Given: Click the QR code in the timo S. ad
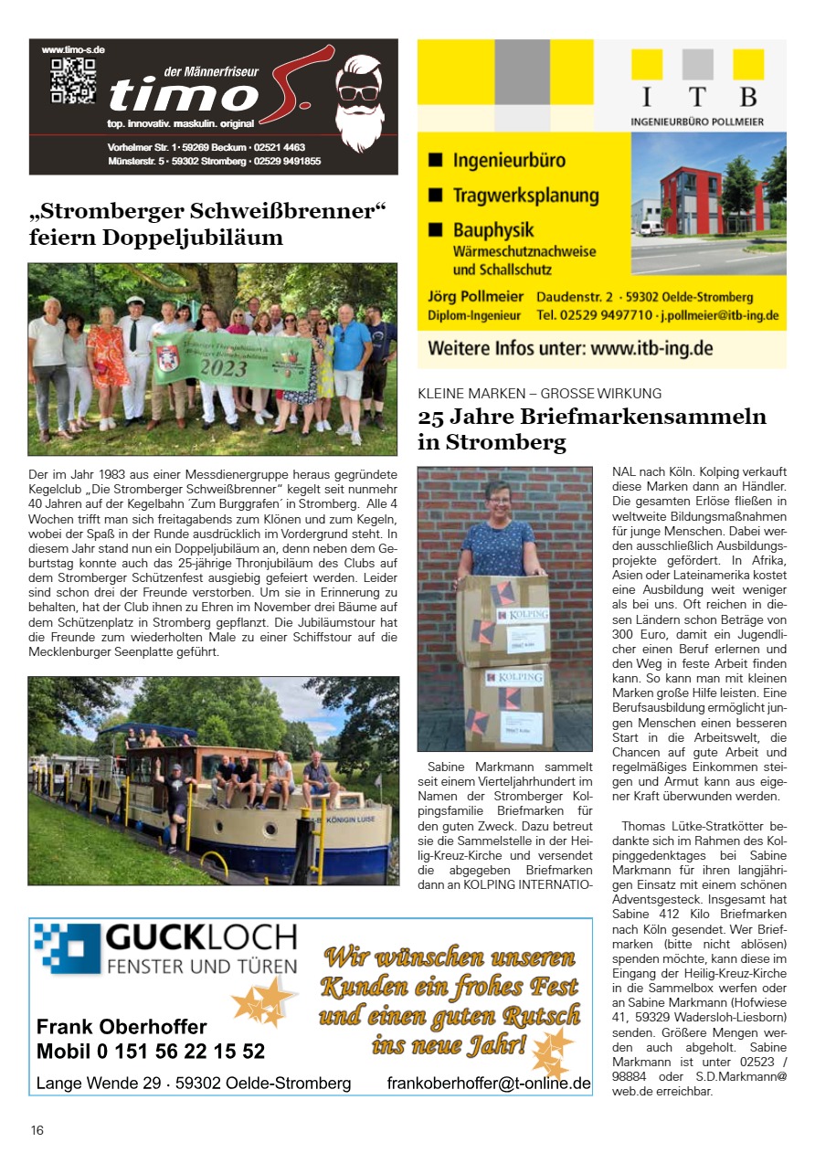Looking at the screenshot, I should click(x=73, y=79).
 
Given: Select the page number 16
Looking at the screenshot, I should click(x=37, y=1130).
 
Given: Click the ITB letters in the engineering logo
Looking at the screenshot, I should click(x=696, y=97).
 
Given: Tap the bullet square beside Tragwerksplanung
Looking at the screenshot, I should click(x=436, y=195).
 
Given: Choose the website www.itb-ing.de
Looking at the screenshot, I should click(x=651, y=348).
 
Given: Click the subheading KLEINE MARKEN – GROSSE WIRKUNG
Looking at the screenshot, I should click(x=540, y=394).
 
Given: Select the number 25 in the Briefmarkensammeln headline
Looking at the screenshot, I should click(x=432, y=418).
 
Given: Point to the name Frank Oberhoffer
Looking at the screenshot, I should click(x=122, y=1026).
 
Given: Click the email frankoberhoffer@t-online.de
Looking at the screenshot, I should click(x=489, y=1083).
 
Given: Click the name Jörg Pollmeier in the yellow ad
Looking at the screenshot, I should click(x=476, y=296).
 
